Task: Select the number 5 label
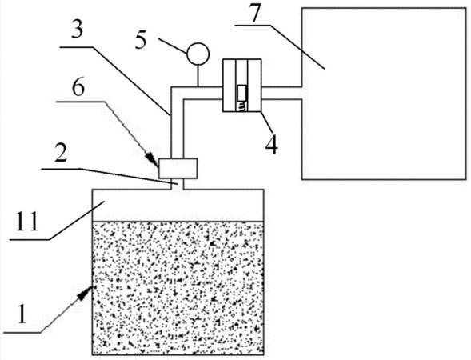pos(141,40)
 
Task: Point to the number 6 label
pos(78,86)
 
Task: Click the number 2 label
pos(62,153)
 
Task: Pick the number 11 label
pos(27,221)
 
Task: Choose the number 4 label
pos(271,145)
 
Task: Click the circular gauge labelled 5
pos(198,54)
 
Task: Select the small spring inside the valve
pos(242,106)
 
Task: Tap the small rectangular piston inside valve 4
pos(242,93)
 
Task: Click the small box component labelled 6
pos(178,168)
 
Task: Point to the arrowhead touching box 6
pos(152,158)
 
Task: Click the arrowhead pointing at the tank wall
pos(86,291)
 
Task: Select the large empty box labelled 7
pos(384,94)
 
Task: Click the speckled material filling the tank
pos(178,288)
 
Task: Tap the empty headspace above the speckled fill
pos(178,206)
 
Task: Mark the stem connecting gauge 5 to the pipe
pos(198,76)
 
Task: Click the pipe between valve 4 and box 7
pos(281,93)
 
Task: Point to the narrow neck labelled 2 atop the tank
pos(178,184)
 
